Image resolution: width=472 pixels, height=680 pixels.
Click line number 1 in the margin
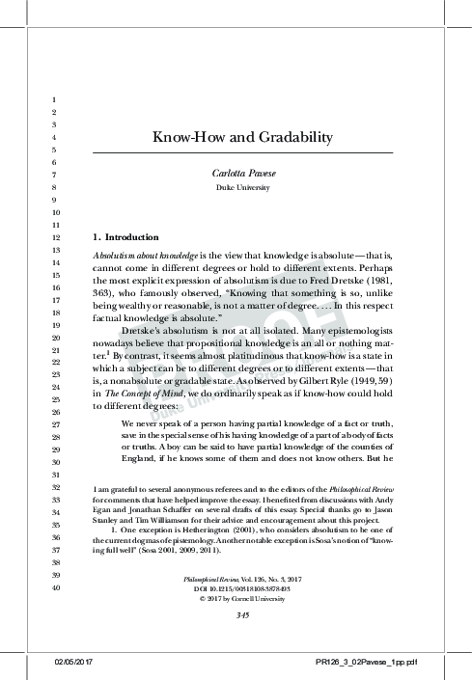(56, 100)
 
